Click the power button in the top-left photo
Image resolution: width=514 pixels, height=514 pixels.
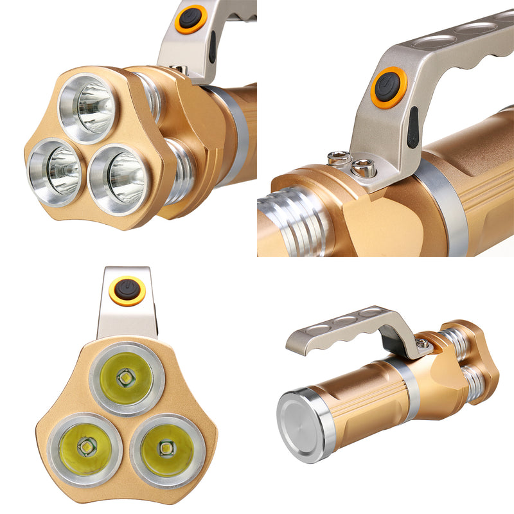(191, 19)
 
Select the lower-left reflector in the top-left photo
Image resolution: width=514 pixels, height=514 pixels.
(56, 171)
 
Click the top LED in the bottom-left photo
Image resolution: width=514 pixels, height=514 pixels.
(127, 378)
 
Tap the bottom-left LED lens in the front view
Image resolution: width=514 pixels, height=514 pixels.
(85, 448)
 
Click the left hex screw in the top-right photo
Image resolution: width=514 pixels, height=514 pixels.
(339, 158)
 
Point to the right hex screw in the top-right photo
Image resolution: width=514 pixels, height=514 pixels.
(364, 169)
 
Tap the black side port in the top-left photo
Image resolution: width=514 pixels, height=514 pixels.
(212, 48)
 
